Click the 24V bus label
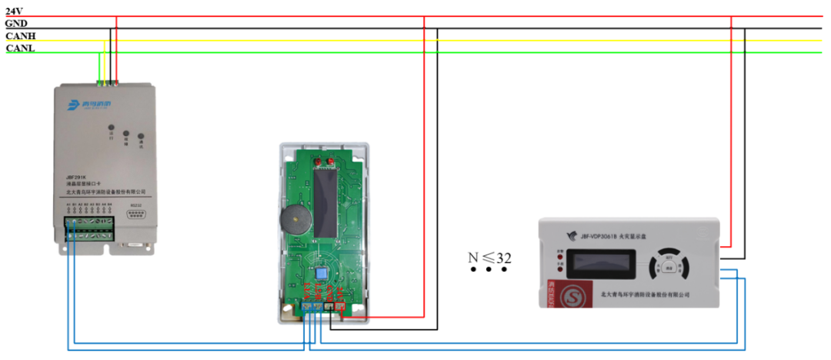(x=14, y=11)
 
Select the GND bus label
(x=16, y=23)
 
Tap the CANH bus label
(x=20, y=36)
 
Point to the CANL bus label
(x=20, y=48)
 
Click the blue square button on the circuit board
(x=322, y=273)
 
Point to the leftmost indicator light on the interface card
(x=111, y=128)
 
